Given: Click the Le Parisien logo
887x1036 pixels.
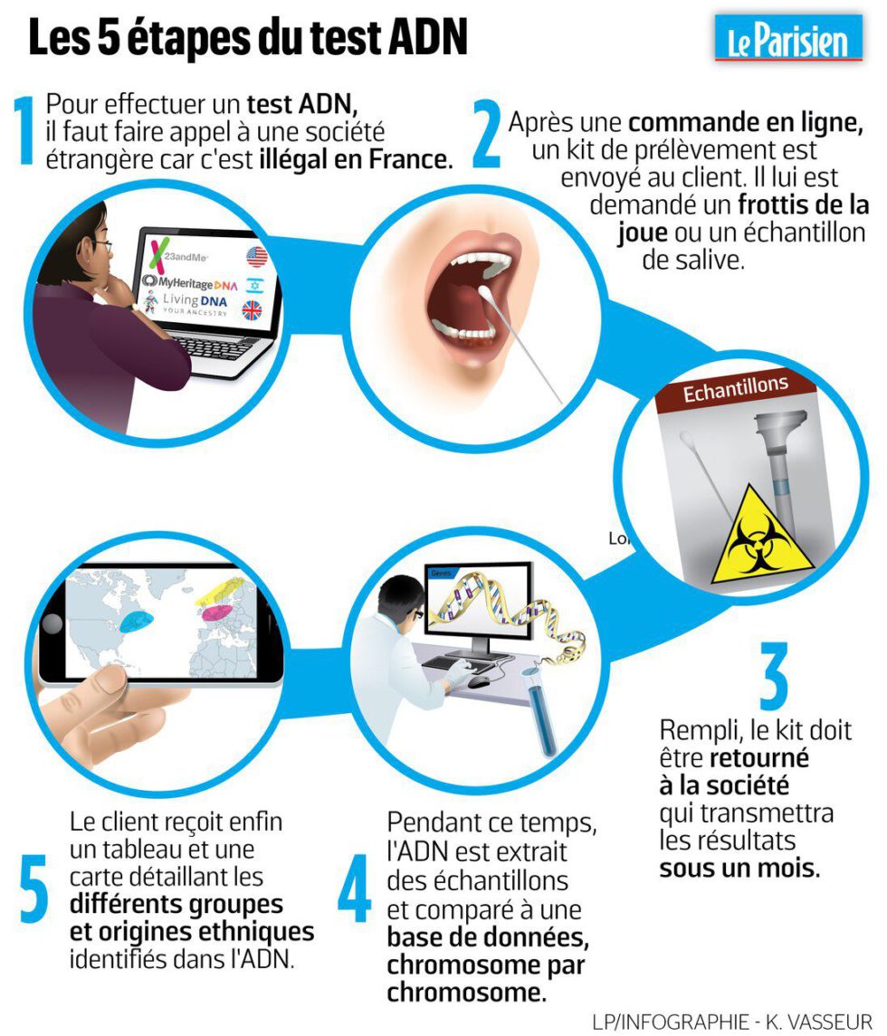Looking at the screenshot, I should pos(788,39).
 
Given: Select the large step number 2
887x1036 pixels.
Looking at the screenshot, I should pos(487,136).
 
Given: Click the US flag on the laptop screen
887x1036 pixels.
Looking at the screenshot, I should pos(256,257).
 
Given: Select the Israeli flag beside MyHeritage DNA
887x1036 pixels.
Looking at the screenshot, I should pos(254,284).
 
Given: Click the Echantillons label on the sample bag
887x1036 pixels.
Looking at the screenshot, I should pos(735,389).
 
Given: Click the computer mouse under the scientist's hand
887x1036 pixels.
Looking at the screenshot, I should pos(480,680).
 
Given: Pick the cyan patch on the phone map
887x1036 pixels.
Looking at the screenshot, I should pos(136,620).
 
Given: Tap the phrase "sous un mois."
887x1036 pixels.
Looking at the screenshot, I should pos(739,870).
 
